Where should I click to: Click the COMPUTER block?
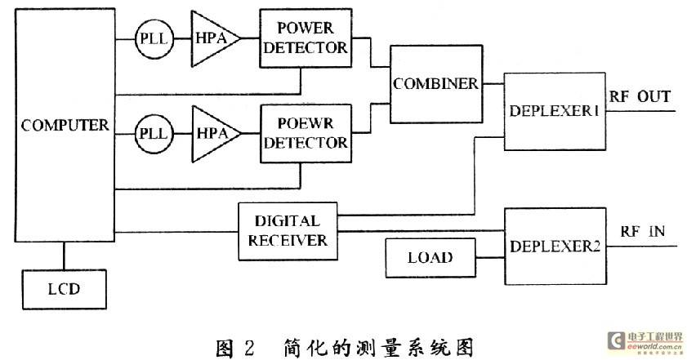click(x=65, y=125)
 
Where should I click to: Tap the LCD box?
click(x=65, y=289)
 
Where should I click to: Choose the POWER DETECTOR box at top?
click(x=306, y=38)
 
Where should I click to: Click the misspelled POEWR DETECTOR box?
click(x=306, y=133)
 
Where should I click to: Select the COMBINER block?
click(x=436, y=83)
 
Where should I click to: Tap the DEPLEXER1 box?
click(x=555, y=111)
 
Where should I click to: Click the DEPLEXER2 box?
click(x=555, y=247)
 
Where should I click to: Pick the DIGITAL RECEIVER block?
click(x=288, y=231)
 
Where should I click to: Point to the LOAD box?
click(x=430, y=257)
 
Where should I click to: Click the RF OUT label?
click(x=640, y=96)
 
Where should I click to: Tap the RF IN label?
click(x=642, y=231)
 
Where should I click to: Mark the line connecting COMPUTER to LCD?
click(x=64, y=256)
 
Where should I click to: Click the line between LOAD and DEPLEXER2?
click(x=490, y=257)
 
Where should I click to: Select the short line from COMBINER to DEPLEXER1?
click(x=493, y=83)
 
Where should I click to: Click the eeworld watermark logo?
click(x=645, y=341)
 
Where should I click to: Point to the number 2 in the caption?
click(x=248, y=349)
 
